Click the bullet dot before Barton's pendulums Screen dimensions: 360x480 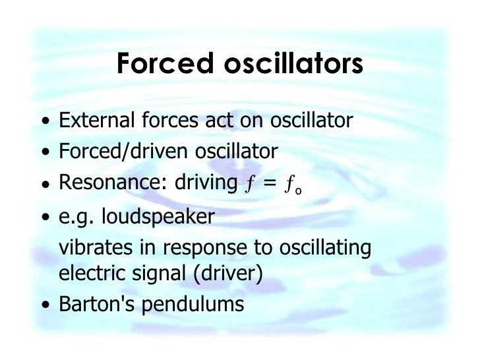coord(44,305)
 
